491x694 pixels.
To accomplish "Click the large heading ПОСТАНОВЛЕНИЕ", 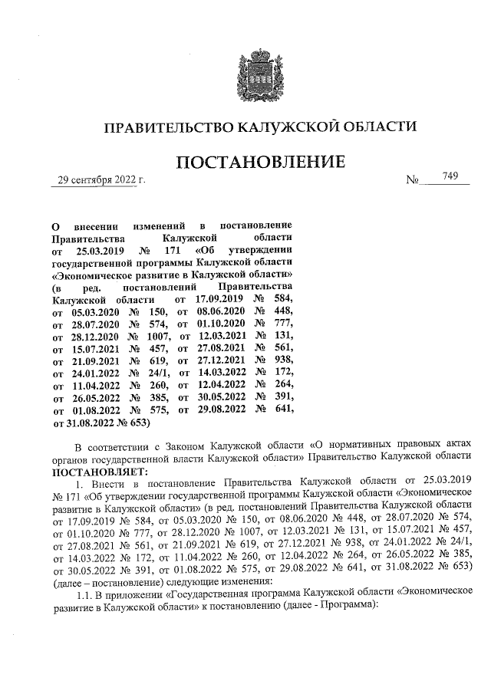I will click(x=260, y=163).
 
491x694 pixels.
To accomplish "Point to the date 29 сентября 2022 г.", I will click(x=97, y=181).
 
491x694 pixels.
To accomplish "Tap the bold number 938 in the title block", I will click(x=282, y=360).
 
